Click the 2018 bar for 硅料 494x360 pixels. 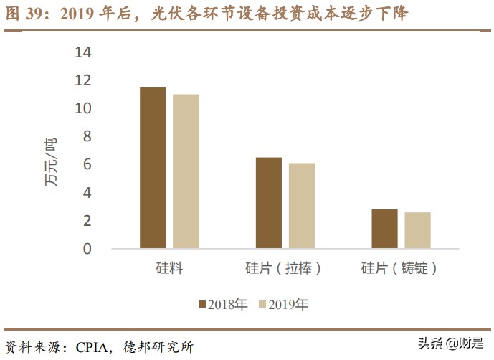click(x=153, y=168)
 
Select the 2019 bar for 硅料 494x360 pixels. click(x=186, y=171)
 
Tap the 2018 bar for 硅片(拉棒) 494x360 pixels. click(x=269, y=203)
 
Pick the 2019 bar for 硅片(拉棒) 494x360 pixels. click(x=302, y=206)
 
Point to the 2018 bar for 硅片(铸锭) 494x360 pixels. click(x=384, y=229)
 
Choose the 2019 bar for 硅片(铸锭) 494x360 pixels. click(x=417, y=230)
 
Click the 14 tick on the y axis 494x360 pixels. click(x=83, y=52)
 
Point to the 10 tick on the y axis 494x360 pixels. click(x=83, y=108)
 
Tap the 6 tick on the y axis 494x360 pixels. click(x=87, y=164)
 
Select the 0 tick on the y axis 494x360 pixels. click(x=87, y=249)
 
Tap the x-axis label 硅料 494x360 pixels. click(x=169, y=269)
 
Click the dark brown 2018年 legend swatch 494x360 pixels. click(x=201, y=305)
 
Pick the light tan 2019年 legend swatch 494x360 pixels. click(x=262, y=305)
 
